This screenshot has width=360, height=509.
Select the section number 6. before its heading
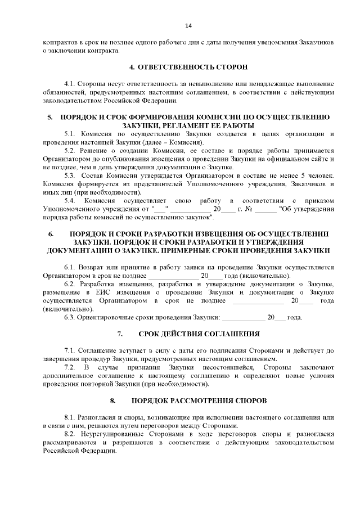pyautogui.click(x=50, y=233)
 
